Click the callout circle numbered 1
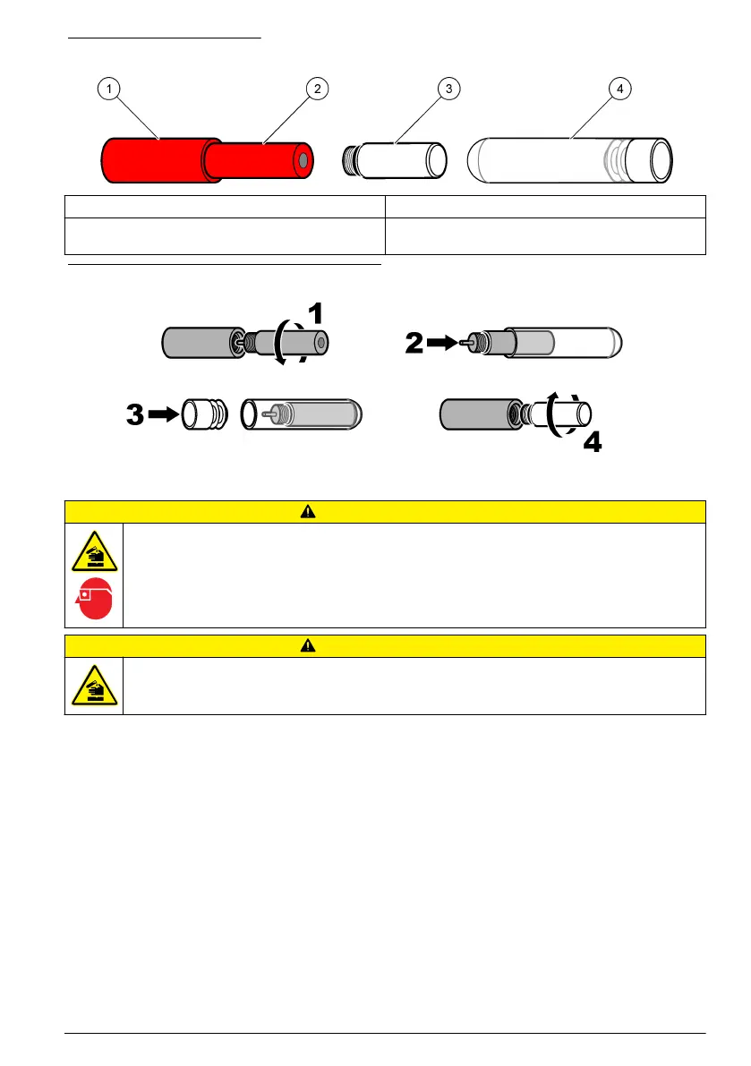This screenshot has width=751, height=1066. coord(108,88)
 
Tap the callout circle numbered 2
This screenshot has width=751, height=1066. coord(315,88)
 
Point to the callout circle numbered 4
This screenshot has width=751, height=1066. coord(619,88)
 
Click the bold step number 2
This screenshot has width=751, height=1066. coord(414,343)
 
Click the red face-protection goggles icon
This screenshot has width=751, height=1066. coord(94,600)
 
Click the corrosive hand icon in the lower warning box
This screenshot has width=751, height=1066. coord(94,687)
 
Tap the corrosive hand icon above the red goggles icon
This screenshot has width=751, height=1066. coord(94,555)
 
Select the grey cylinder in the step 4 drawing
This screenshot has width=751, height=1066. coord(475,414)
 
